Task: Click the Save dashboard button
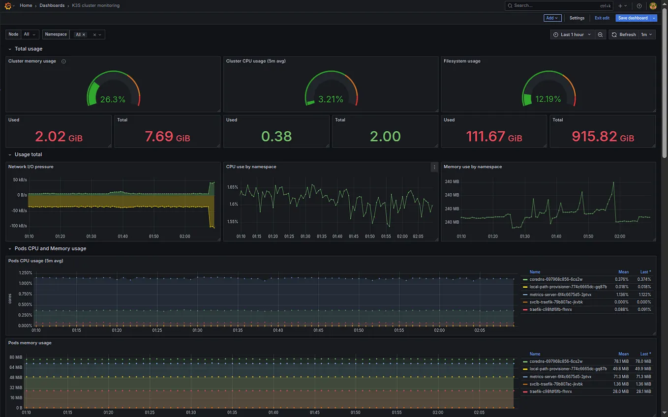click(x=633, y=18)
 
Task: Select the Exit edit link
click(x=602, y=18)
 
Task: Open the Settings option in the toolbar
click(x=577, y=18)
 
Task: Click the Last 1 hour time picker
click(x=572, y=35)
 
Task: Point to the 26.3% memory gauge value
click(x=113, y=99)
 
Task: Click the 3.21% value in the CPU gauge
click(x=331, y=99)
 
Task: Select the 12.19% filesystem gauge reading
click(x=548, y=99)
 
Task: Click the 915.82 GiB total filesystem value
click(x=603, y=137)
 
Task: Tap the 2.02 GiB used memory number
click(x=59, y=137)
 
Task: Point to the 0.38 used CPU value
click(x=276, y=137)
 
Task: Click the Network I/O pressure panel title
click(x=30, y=167)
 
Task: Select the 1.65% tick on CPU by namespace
click(x=232, y=187)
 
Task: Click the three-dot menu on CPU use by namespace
click(x=434, y=167)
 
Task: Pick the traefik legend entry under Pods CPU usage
click(x=550, y=309)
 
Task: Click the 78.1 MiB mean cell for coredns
click(x=623, y=361)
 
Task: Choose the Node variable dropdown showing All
click(x=30, y=34)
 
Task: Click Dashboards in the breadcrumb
click(x=52, y=5)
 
